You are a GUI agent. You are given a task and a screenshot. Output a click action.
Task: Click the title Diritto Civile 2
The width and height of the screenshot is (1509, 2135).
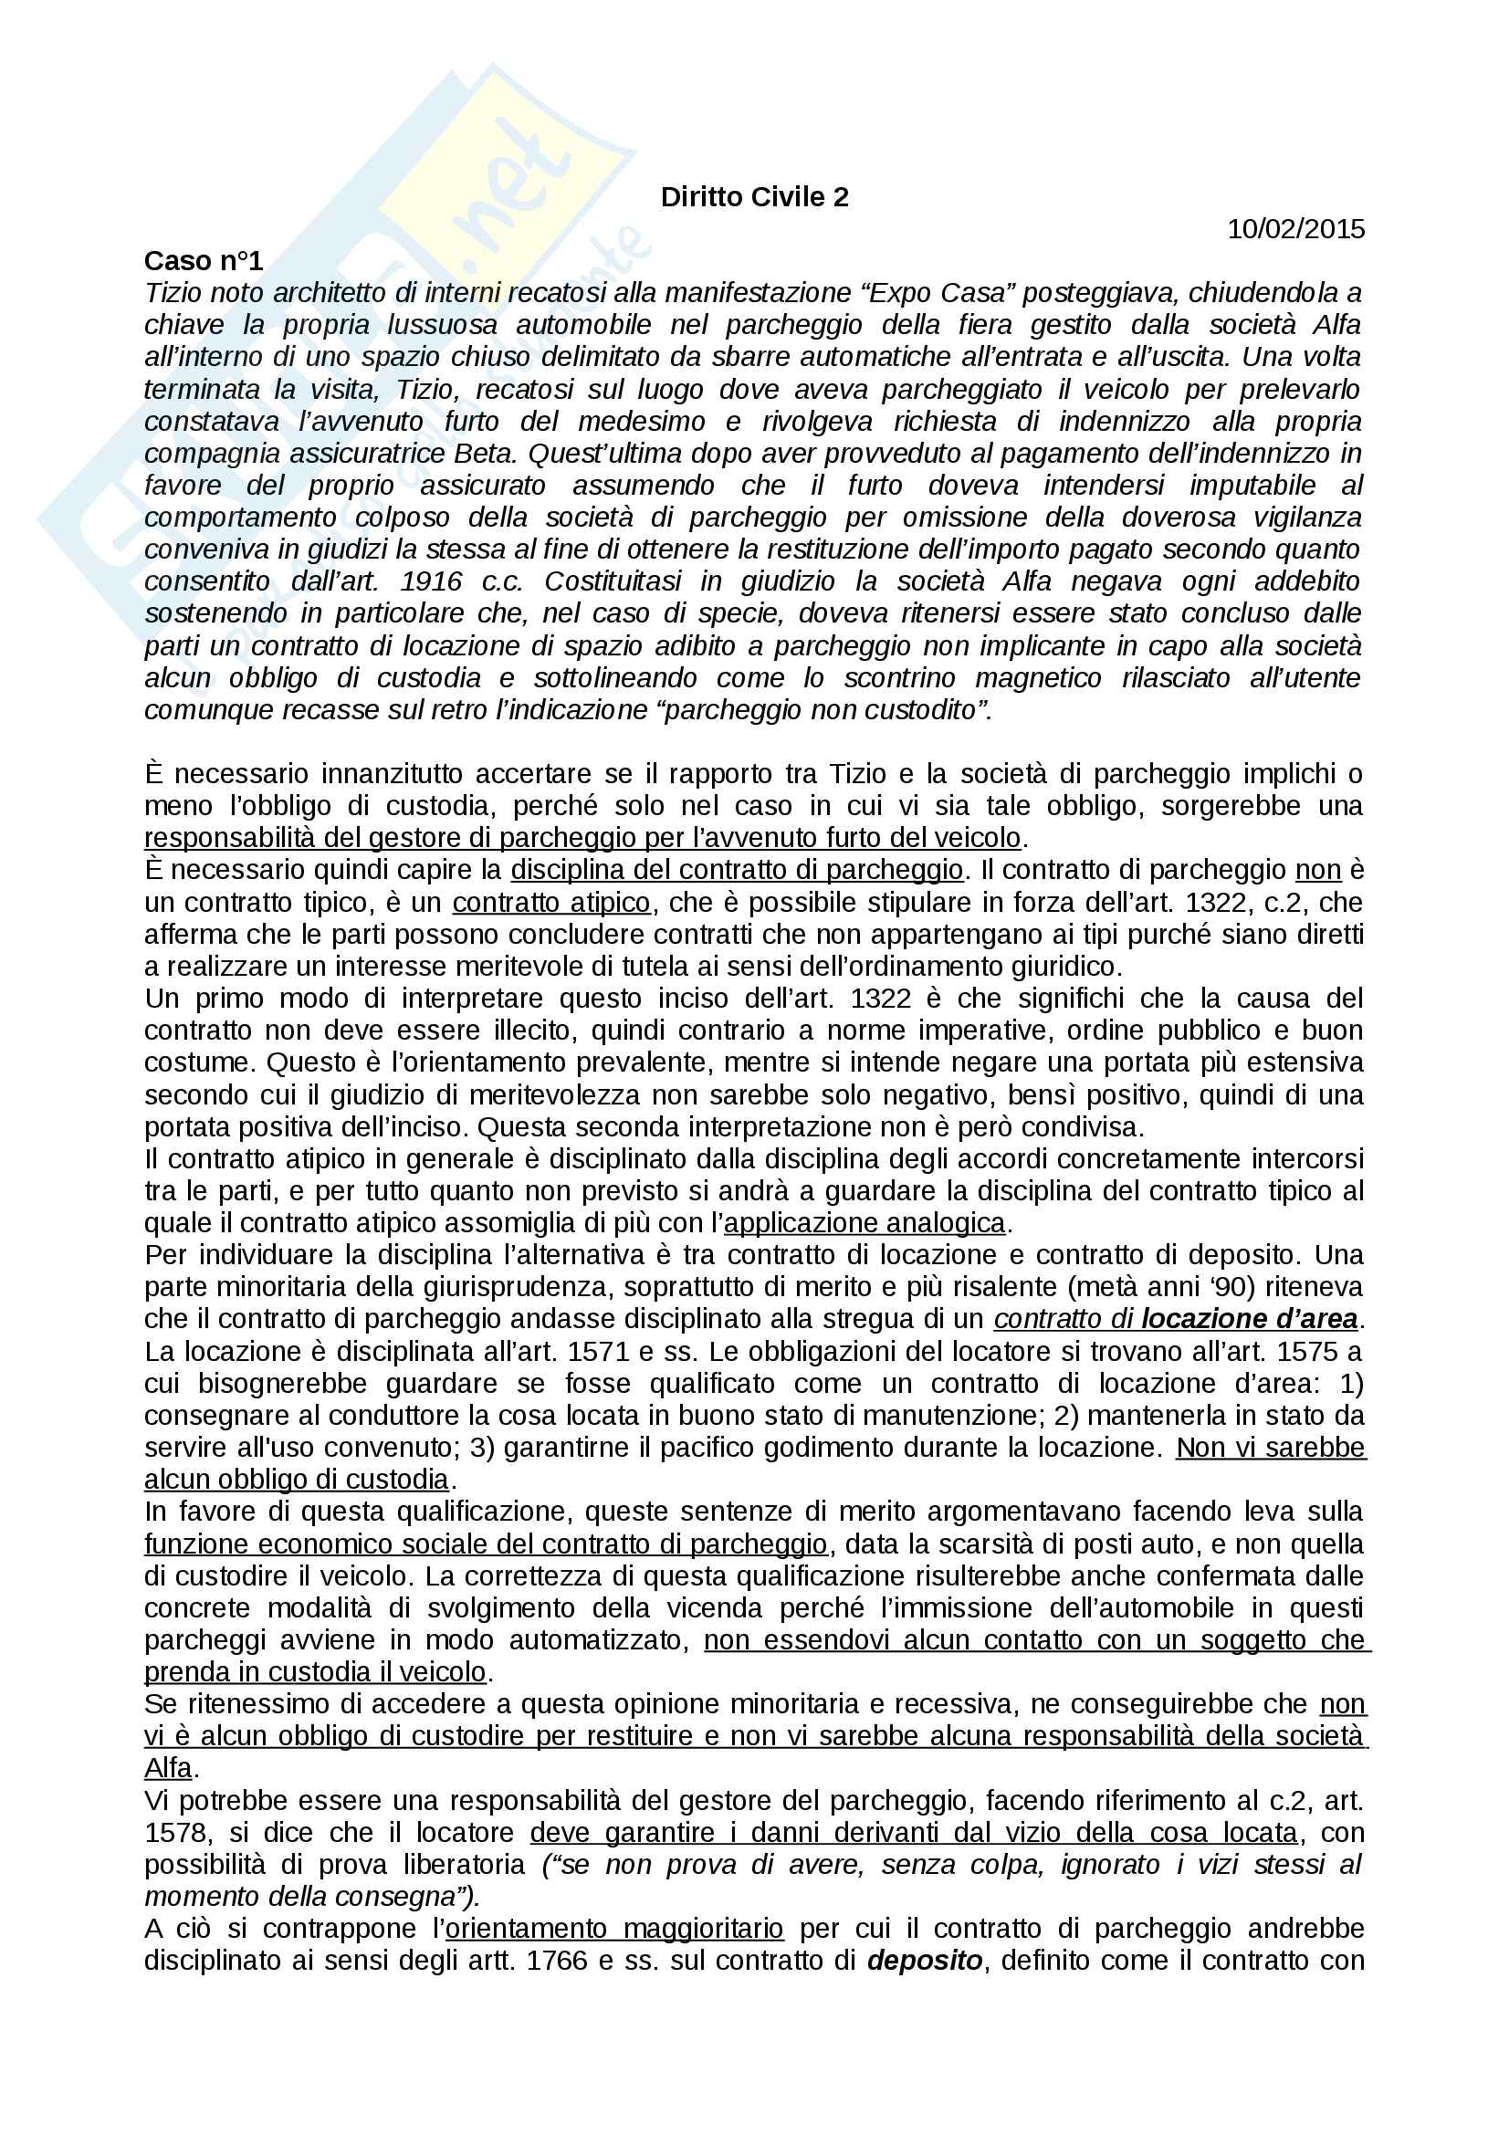point(754,197)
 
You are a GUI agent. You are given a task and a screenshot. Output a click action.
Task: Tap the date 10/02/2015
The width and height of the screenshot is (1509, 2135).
point(1295,229)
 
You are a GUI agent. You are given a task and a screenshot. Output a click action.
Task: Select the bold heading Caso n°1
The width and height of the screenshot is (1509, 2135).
point(204,261)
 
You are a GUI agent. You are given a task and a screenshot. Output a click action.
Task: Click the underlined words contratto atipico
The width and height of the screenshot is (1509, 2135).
point(551,902)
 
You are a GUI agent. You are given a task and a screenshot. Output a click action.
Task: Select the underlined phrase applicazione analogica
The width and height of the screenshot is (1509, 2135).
point(865,1222)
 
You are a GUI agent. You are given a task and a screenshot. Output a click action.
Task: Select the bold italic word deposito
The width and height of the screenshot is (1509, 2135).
point(924,1960)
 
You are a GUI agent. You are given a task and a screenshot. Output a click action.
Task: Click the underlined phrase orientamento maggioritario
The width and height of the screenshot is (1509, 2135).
point(614,1928)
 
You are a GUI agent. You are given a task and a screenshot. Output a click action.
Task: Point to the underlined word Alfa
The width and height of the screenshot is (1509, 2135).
point(168,1768)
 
